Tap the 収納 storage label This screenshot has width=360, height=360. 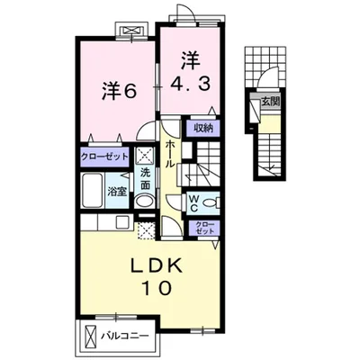(x=202, y=129)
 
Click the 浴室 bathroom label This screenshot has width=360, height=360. (x=117, y=191)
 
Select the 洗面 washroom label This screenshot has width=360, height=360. (x=145, y=180)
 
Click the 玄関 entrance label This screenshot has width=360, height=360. (x=269, y=102)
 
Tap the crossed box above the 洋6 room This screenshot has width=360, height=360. (x=134, y=32)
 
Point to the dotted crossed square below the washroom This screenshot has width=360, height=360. (x=145, y=229)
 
